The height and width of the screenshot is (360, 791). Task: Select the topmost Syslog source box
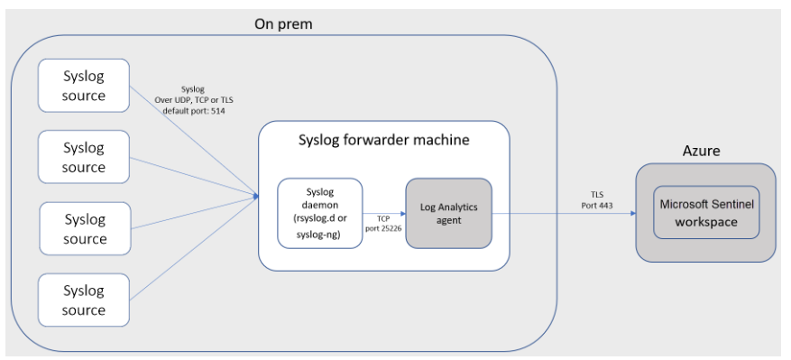[x=84, y=87]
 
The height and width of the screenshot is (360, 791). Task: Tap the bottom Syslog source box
[x=84, y=300]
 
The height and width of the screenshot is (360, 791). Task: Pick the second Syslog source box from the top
[x=84, y=157]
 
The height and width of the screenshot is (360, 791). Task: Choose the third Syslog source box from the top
[x=84, y=228]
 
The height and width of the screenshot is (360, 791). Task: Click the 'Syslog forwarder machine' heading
[x=382, y=142]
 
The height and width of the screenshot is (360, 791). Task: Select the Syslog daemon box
[x=319, y=212]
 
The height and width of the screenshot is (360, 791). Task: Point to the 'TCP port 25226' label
[x=383, y=223]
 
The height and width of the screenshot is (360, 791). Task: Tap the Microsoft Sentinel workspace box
[x=706, y=213]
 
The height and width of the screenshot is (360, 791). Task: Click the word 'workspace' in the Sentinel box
[x=706, y=222]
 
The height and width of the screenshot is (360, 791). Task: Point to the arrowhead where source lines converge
[x=256, y=192]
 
